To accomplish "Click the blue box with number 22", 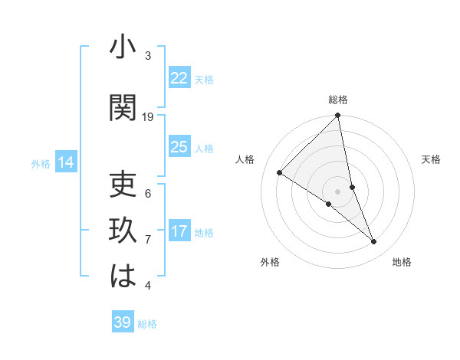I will tap(179, 78).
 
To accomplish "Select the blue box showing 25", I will tap(179, 147).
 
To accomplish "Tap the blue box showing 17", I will tap(179, 231).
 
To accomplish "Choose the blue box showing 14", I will tap(66, 162).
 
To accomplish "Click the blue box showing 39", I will tap(122, 322).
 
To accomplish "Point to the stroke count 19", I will tap(148, 117).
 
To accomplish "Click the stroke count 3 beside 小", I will tap(148, 56).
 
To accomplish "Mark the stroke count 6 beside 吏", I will tap(148, 193).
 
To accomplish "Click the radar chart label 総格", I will tap(338, 100).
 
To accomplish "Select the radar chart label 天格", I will tap(432, 159).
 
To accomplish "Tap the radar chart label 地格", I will tap(402, 262).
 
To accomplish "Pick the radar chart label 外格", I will tap(270, 262).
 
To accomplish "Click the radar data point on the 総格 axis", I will tap(337, 116).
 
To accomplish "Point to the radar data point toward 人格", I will tap(280, 173).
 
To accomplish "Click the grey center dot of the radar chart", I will tap(337, 191).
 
